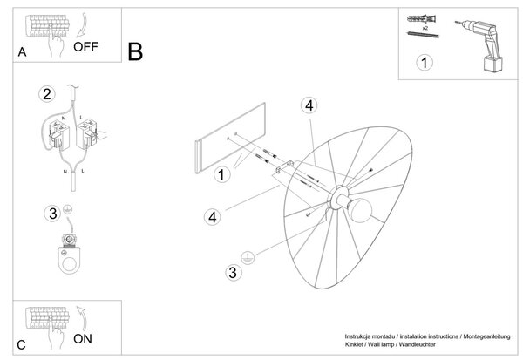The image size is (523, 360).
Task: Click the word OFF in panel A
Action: coord(85,47)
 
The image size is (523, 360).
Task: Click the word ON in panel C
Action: coord(83,339)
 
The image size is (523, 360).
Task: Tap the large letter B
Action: coord(135,51)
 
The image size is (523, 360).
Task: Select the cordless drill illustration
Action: coord(479,45)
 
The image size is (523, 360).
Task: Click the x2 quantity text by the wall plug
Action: coord(425,29)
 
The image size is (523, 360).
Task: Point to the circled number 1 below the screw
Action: coord(425,63)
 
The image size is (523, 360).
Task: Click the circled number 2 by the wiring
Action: coord(47,94)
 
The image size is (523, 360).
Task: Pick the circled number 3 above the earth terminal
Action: coord(52,214)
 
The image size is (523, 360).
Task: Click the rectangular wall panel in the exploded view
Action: coord(230,138)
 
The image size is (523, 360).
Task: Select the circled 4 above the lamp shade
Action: coord(309,105)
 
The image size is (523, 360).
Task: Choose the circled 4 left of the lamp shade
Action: coord(213,217)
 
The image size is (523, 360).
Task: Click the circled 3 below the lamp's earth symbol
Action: coord(233,272)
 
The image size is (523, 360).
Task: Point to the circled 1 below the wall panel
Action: coord(221,174)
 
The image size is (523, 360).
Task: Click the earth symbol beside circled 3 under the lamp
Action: coord(248,257)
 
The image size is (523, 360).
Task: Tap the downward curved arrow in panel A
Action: coord(82,25)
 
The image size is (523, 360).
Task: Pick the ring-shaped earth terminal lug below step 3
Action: coord(69,260)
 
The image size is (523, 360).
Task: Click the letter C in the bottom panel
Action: coord(21,345)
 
